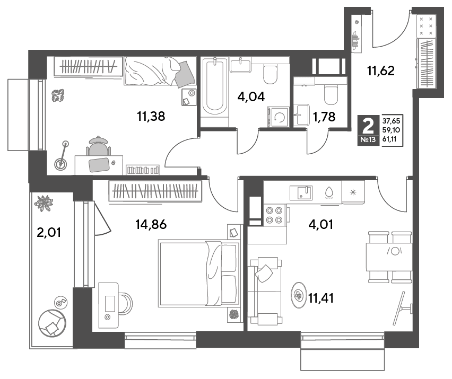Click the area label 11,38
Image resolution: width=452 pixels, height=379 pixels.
(151, 116)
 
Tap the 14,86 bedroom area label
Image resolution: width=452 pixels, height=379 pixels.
(151, 224)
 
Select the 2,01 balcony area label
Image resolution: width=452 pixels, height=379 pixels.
(49, 232)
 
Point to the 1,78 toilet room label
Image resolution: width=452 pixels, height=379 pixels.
(324, 117)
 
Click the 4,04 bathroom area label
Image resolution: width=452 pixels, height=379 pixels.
(251, 97)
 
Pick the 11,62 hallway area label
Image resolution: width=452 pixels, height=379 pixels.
(381, 70)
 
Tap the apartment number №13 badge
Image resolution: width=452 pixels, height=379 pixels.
(368, 140)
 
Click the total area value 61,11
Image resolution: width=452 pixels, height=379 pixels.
(389, 140)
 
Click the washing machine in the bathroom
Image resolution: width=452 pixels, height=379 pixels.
(279, 117)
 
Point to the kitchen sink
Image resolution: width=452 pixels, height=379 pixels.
(301, 192)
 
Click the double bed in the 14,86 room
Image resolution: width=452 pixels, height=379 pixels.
(199, 273)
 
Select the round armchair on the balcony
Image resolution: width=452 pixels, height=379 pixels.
(53, 323)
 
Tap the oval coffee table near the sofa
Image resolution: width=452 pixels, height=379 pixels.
(299, 295)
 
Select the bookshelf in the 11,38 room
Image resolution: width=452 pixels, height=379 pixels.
(143, 170)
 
